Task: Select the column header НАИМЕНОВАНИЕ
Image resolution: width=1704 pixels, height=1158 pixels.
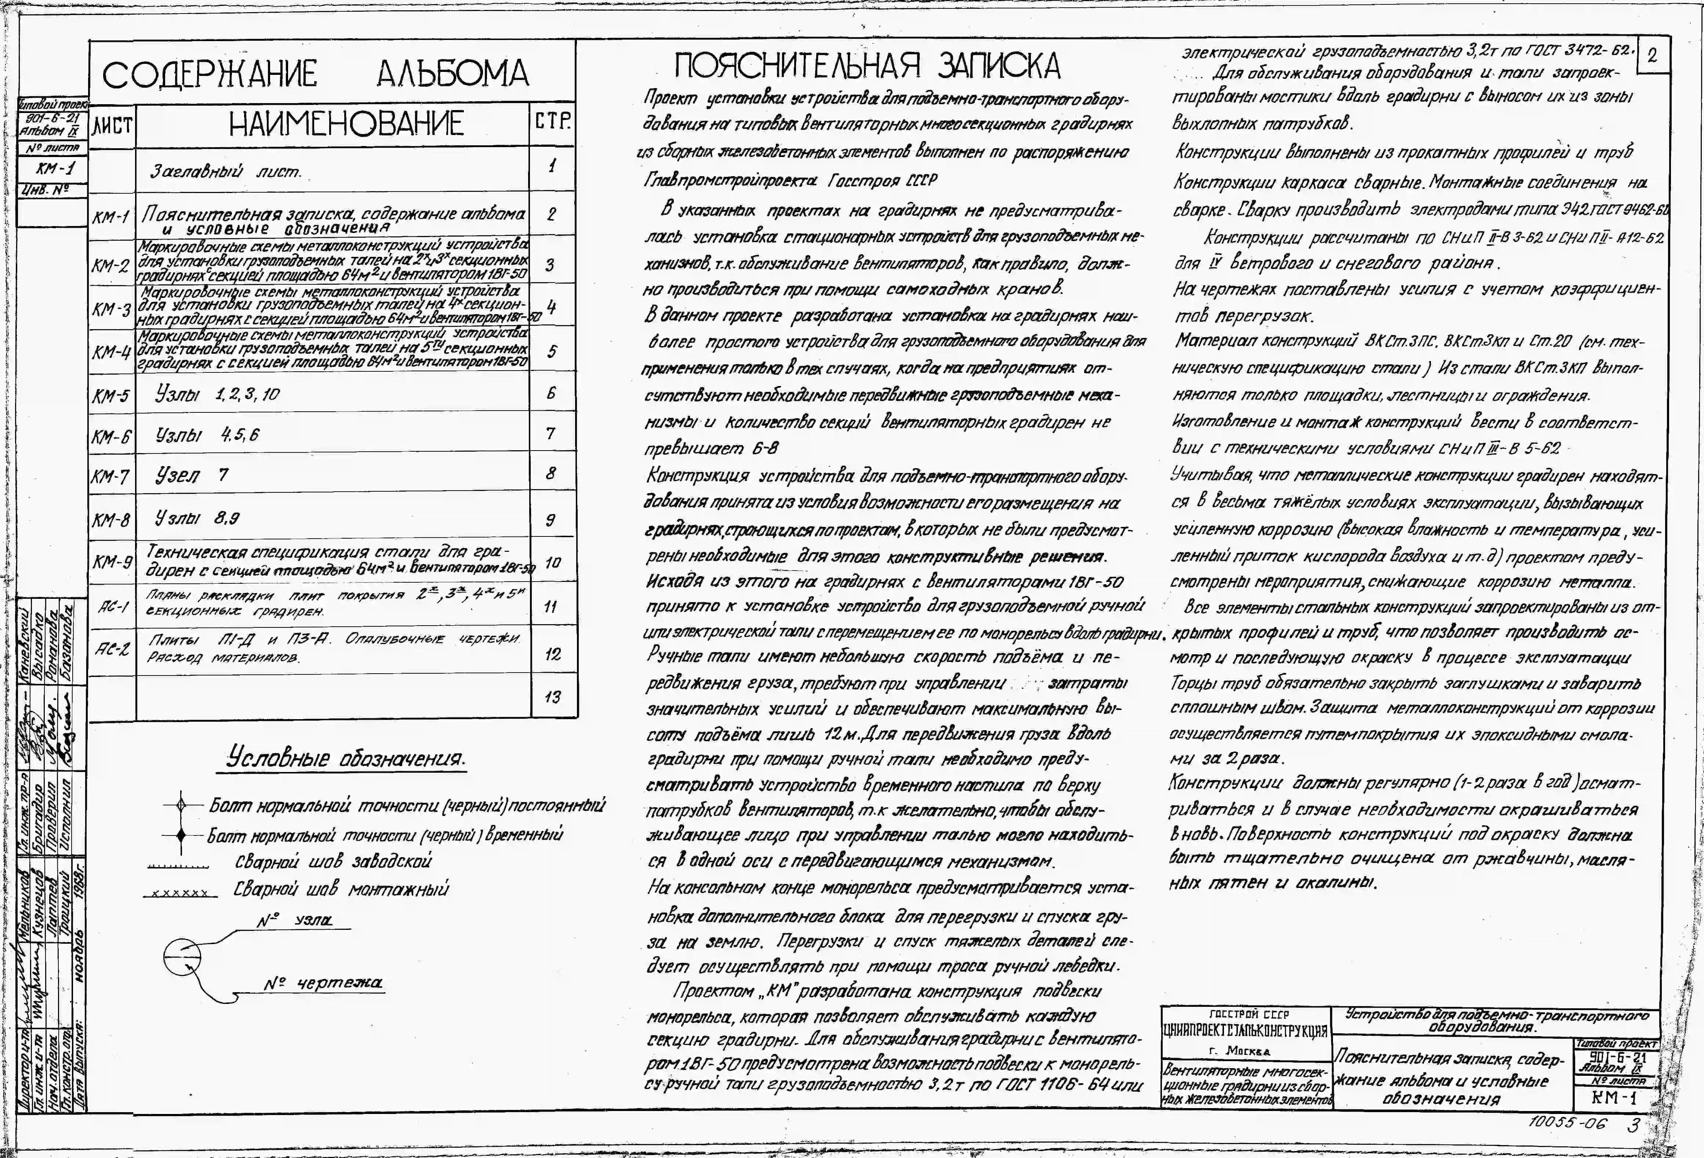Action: click(x=346, y=123)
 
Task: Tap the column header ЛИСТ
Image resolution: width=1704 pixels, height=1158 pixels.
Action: click(x=112, y=126)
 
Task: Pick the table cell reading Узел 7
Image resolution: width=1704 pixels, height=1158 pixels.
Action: click(x=192, y=475)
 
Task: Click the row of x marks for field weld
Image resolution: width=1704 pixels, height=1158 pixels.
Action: click(x=180, y=893)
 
